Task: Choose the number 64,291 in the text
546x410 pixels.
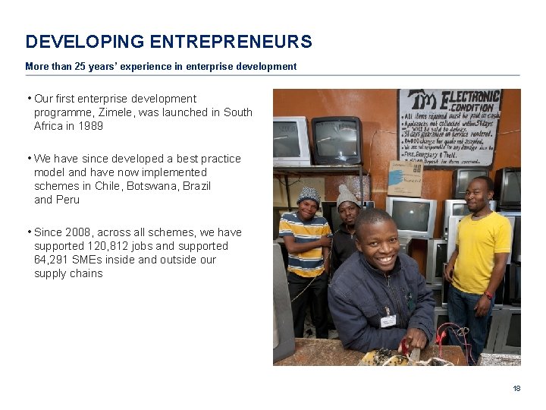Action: click(x=52, y=260)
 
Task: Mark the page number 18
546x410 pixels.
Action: click(x=516, y=389)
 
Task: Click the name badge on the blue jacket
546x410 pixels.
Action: click(x=388, y=321)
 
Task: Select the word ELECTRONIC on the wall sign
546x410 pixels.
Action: click(x=472, y=97)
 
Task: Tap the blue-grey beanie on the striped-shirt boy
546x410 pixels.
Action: click(x=308, y=194)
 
